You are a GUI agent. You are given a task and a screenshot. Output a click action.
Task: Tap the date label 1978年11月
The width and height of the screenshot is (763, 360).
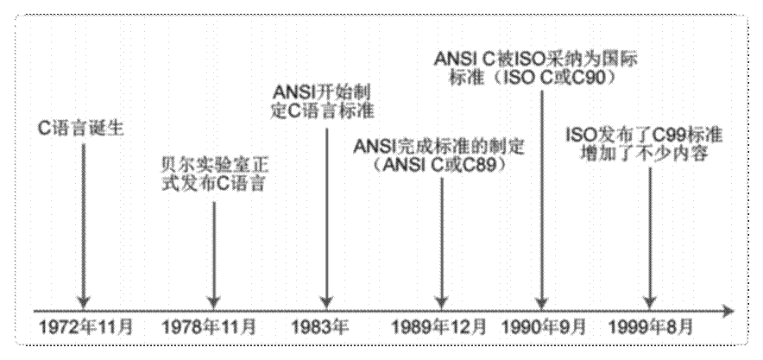pos(210,328)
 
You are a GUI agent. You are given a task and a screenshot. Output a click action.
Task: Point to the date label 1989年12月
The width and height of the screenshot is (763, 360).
pos(440,328)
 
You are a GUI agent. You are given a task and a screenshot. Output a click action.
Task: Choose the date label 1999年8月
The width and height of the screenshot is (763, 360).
pos(649,328)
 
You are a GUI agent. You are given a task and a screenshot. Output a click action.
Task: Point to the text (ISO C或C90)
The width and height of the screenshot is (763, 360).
pos(542,77)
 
